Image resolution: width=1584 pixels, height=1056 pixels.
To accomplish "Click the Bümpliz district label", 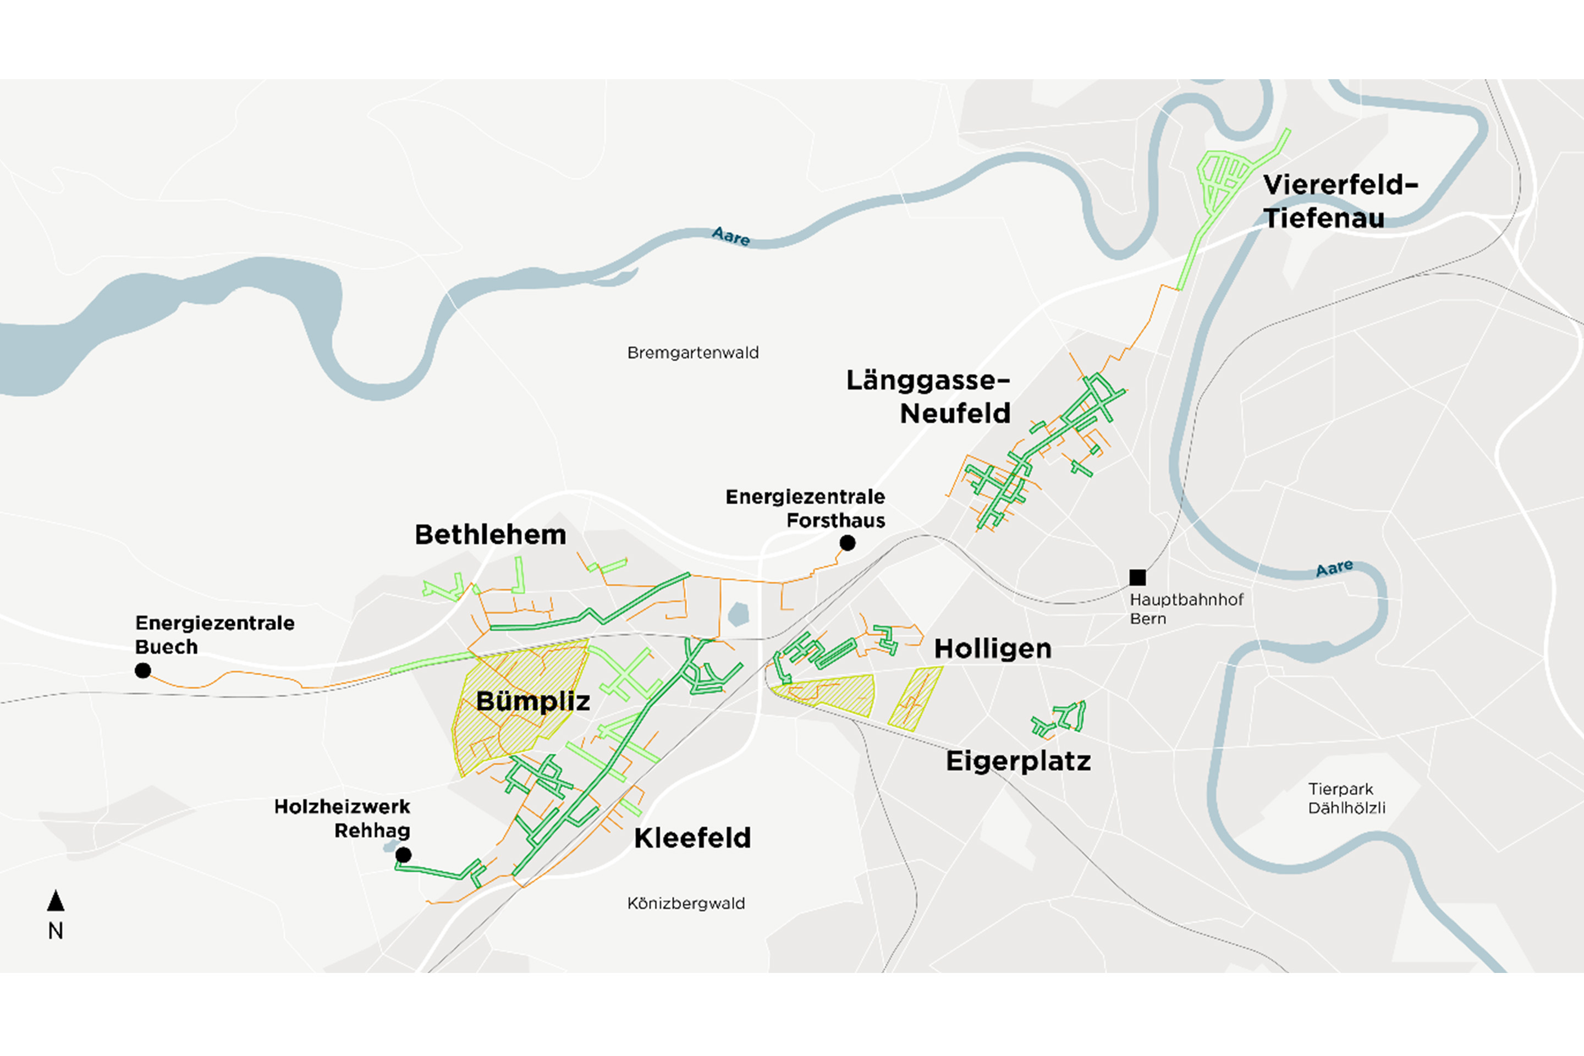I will [x=533, y=701].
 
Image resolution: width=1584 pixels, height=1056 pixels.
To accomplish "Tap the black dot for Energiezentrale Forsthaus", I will [x=847, y=543].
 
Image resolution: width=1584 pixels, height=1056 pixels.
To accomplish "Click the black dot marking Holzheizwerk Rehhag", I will [x=403, y=855].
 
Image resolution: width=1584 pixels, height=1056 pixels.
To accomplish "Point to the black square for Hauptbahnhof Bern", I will [x=1137, y=577].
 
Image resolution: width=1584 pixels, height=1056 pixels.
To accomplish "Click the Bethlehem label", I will [x=490, y=535].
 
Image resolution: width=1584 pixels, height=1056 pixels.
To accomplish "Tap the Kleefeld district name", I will [x=692, y=838].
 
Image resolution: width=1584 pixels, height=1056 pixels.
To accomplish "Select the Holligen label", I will [x=993, y=648].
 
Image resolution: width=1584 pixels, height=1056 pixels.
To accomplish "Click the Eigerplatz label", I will [x=1018, y=761].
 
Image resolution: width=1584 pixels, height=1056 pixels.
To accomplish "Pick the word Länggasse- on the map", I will [x=928, y=381].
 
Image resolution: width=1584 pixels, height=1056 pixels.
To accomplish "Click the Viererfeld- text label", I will [x=1340, y=185].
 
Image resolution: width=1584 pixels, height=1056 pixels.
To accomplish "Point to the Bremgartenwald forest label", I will [x=693, y=353].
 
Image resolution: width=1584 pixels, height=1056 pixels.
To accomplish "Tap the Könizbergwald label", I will [x=686, y=903].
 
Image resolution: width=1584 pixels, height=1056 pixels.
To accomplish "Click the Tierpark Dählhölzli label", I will [x=1346, y=798].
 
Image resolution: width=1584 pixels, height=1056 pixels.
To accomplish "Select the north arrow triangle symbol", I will [x=56, y=900].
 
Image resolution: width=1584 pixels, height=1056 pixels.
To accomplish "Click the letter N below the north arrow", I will [x=56, y=931].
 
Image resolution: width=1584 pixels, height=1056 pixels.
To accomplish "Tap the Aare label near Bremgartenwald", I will [x=731, y=237].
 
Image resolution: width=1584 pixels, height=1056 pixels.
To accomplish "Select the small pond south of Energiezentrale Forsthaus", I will [x=739, y=614].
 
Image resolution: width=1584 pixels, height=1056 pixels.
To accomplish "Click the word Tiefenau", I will [x=1323, y=218].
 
